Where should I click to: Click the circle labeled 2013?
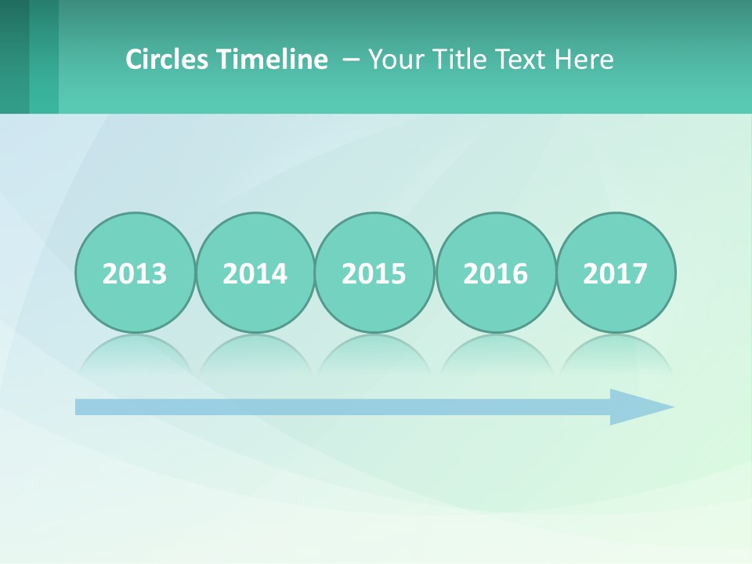(135, 273)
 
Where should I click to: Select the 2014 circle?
(255, 273)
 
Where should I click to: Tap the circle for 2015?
(374, 273)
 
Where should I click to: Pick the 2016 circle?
(496, 273)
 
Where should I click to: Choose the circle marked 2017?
(616, 273)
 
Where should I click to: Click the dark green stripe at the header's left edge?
(14, 56)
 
